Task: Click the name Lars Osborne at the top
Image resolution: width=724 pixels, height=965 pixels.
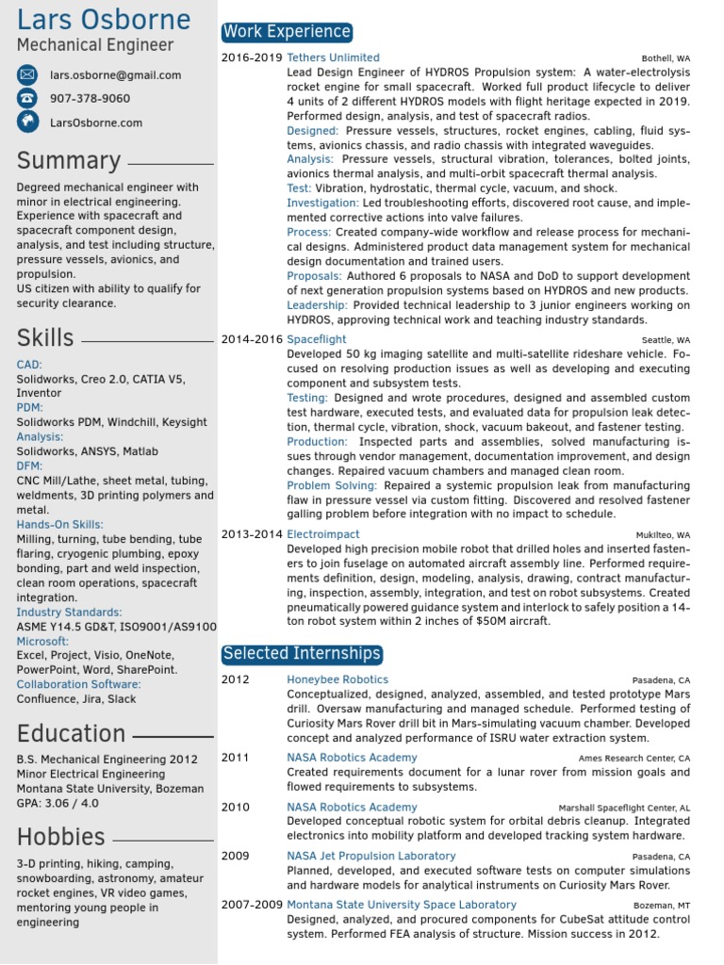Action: (104, 20)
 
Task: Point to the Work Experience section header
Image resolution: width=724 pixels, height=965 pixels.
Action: (287, 32)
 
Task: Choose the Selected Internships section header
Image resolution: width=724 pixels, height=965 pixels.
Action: (302, 653)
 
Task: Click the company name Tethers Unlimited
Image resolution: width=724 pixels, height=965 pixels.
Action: (333, 57)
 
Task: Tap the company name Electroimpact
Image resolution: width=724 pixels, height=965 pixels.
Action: (323, 534)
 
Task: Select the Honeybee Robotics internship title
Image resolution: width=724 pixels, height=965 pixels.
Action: (337, 679)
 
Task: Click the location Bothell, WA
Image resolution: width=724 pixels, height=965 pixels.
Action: (666, 58)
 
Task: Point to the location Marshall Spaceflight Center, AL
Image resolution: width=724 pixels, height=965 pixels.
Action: (624, 808)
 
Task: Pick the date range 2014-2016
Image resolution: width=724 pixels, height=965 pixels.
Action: (252, 339)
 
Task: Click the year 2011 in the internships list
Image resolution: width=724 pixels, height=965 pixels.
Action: (236, 758)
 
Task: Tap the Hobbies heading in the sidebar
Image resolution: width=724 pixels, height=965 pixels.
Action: (60, 836)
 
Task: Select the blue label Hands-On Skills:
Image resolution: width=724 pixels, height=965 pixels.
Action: (60, 525)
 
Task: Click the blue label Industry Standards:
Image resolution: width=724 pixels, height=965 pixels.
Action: (69, 613)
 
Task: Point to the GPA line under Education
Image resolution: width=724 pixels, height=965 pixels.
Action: (57, 803)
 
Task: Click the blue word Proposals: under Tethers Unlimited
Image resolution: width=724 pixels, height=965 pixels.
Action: (314, 276)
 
